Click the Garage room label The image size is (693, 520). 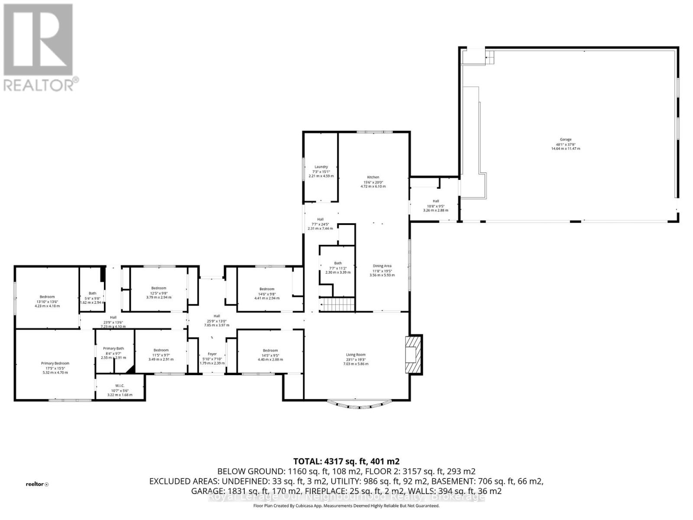pyautogui.click(x=565, y=140)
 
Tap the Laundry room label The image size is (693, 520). pyautogui.click(x=321, y=167)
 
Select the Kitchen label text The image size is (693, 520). pyautogui.click(x=373, y=177)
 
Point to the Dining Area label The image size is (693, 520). pyautogui.click(x=382, y=266)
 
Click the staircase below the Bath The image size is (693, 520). pyautogui.click(x=337, y=305)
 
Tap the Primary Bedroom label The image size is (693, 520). pyautogui.click(x=55, y=363)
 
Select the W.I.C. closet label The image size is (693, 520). pyautogui.click(x=120, y=386)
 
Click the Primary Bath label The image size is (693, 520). pyautogui.click(x=113, y=348)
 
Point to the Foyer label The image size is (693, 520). pyautogui.click(x=212, y=354)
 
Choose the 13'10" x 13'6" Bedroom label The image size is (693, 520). pyautogui.click(x=47, y=297)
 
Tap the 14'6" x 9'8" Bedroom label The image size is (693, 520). pyautogui.click(x=267, y=289)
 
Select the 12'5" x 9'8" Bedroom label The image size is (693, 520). pyautogui.click(x=159, y=288)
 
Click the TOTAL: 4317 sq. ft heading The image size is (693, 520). pyautogui.click(x=346, y=461)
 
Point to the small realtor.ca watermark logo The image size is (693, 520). pyautogui.click(x=37, y=484)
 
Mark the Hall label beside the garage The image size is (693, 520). pyautogui.click(x=436, y=201)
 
